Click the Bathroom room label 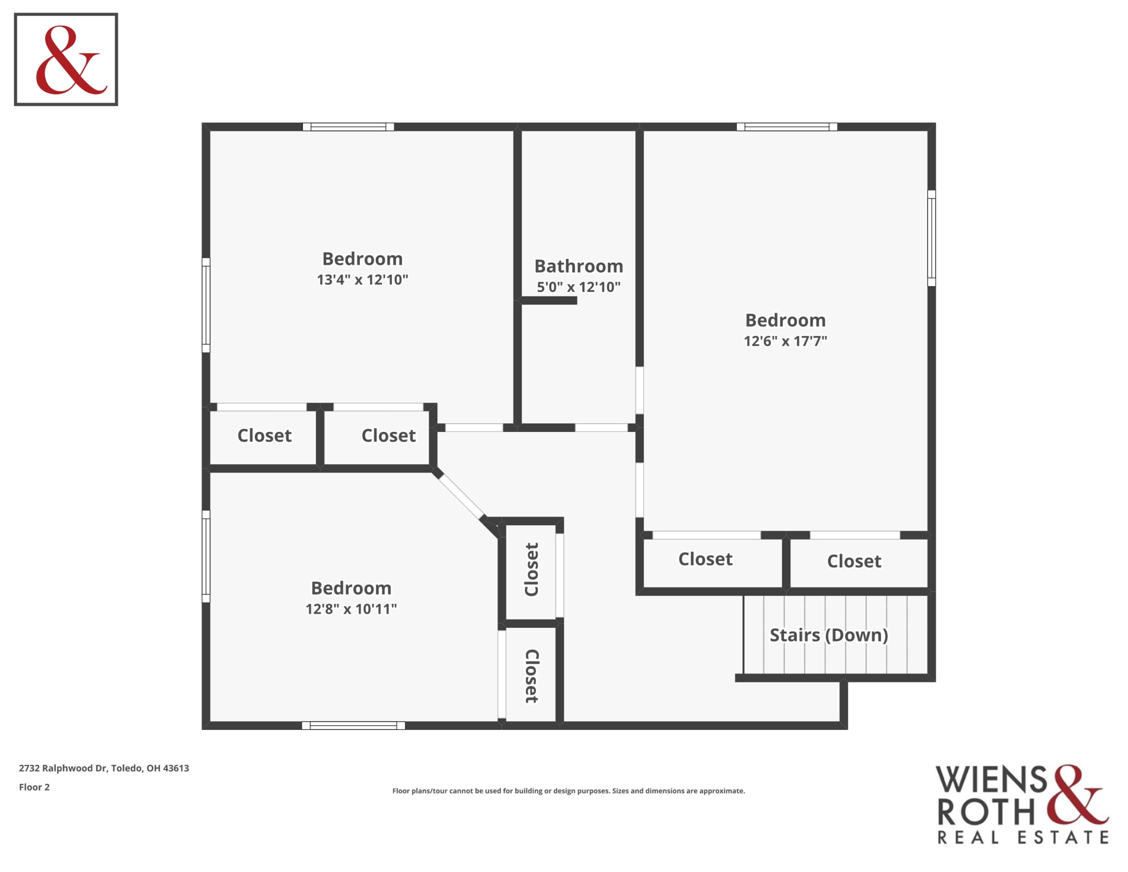click(578, 266)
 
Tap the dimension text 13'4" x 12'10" click(362, 280)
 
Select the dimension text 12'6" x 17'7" click(785, 341)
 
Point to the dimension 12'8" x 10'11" click(351, 608)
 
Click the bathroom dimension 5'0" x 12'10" click(578, 287)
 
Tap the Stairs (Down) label click(829, 635)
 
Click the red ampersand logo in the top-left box click(71, 60)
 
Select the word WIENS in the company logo click(991, 780)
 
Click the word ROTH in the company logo click(986, 811)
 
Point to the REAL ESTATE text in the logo click(1023, 838)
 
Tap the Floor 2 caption click(34, 787)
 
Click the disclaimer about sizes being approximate click(569, 791)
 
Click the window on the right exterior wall click(931, 238)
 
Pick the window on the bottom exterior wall click(353, 725)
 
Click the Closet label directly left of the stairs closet click(705, 559)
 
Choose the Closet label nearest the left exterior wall click(265, 435)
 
